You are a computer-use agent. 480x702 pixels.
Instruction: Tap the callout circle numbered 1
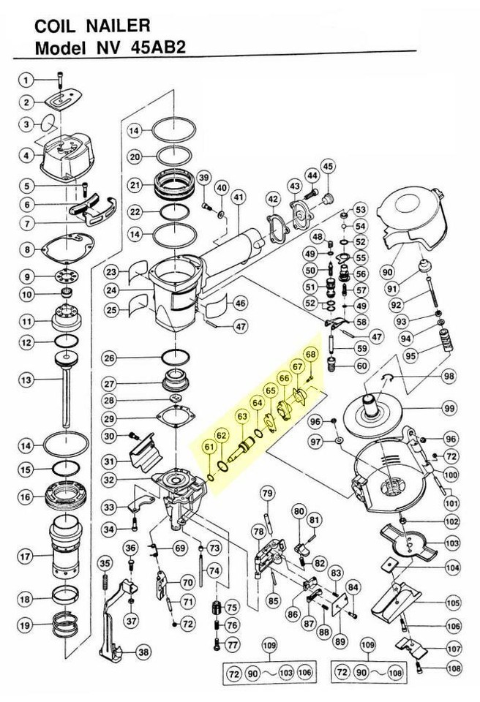[x=26, y=80]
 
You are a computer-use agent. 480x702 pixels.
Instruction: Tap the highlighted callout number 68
[x=311, y=355]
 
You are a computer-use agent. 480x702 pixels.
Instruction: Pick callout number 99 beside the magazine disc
[x=448, y=407]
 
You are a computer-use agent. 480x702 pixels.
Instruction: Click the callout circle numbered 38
[x=143, y=652]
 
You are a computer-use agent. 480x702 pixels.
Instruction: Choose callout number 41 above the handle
[x=237, y=197]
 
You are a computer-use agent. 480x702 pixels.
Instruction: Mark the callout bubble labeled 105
[x=453, y=603]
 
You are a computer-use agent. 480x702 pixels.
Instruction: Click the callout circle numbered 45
[x=327, y=167]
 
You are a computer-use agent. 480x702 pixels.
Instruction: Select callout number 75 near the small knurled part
[x=232, y=608]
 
